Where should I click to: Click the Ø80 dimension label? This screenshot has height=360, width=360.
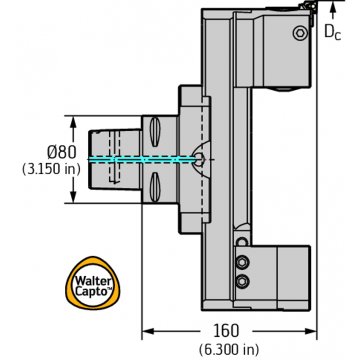(x=62, y=152)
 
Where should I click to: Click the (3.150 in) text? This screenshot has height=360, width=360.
(x=51, y=169)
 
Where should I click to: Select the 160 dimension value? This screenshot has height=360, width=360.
(x=226, y=331)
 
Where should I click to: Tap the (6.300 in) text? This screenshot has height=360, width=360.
(x=229, y=349)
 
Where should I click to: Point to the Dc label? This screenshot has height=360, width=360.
(x=332, y=32)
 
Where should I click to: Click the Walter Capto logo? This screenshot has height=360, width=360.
(x=93, y=283)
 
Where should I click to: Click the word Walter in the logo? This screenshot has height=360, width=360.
(x=94, y=281)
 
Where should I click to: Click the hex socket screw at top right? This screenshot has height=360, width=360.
(x=301, y=33)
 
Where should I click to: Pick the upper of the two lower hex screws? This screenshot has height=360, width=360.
(x=243, y=262)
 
